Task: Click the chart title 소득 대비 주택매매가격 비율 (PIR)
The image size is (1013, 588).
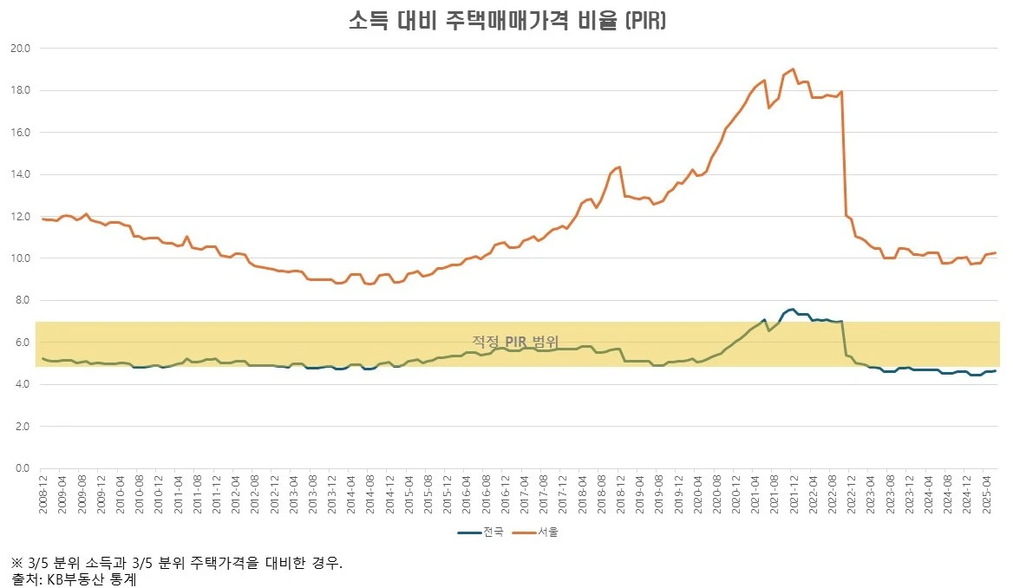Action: click(x=506, y=21)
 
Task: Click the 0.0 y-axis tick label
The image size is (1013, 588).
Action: click(x=23, y=469)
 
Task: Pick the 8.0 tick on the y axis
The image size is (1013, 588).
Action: click(x=23, y=301)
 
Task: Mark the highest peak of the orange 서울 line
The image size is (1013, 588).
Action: click(x=794, y=69)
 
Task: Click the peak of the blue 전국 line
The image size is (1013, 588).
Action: click(x=793, y=309)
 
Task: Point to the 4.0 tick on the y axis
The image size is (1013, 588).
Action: click(x=23, y=385)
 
